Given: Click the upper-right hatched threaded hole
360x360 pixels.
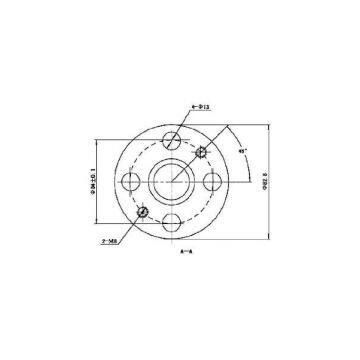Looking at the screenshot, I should [x=203, y=152].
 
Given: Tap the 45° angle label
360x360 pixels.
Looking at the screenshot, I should [x=243, y=152].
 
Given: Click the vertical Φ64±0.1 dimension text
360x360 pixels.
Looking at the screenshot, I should [x=89, y=180].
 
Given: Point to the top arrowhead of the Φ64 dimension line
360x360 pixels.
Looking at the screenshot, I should [x=96, y=139].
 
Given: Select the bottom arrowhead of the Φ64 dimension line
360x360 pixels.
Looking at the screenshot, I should [x=96, y=222].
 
